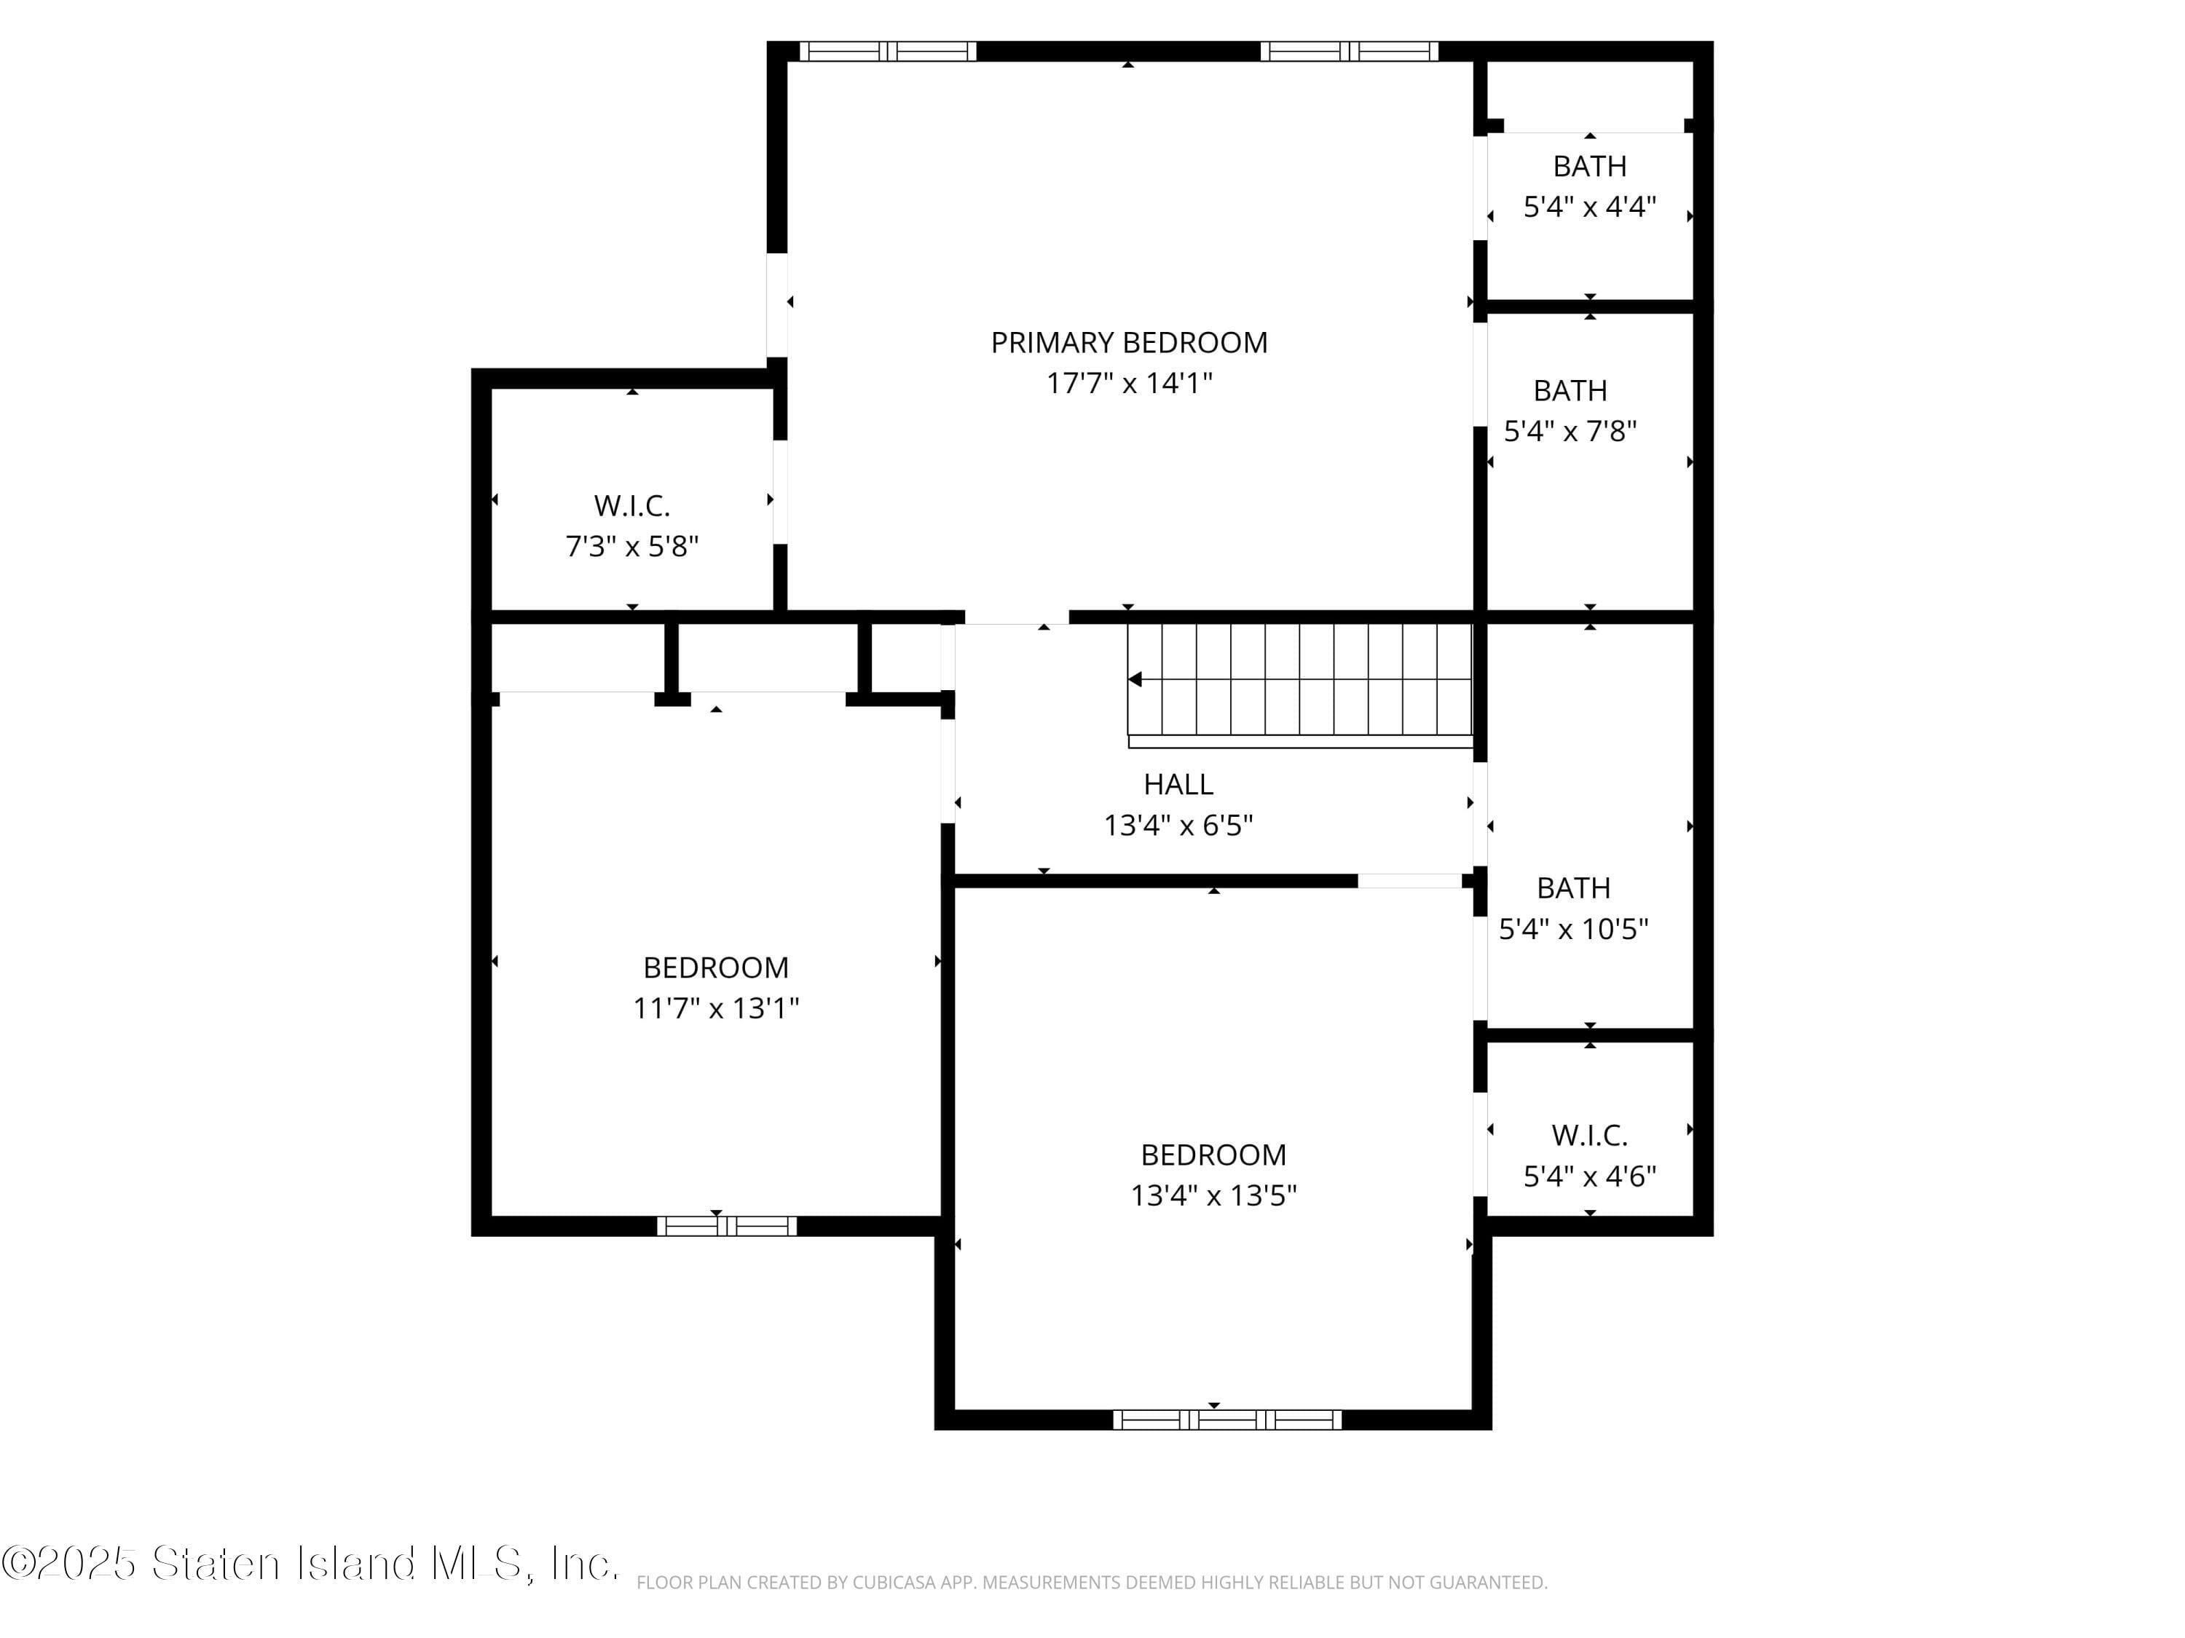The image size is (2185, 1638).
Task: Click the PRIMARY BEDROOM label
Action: (x=1128, y=343)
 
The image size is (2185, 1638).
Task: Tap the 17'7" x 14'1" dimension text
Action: (x=1128, y=383)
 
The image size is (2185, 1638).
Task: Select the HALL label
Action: (x=1178, y=784)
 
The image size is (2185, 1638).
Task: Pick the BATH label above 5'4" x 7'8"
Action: (x=1570, y=391)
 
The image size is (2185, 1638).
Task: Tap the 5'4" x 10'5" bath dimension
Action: (x=1572, y=929)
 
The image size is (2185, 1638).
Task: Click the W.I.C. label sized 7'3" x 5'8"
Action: (x=631, y=505)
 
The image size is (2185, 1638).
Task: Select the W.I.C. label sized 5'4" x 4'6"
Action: (x=1588, y=1136)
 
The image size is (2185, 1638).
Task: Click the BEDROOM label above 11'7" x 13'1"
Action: (x=715, y=968)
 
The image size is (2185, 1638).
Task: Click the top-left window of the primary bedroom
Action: (x=887, y=52)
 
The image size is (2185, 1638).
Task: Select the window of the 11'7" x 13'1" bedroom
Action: (x=727, y=1226)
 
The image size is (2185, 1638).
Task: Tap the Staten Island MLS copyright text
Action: (x=310, y=1564)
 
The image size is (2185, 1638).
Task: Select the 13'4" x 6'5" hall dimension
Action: (x=1178, y=826)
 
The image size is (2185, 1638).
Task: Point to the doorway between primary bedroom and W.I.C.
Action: (x=779, y=491)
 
